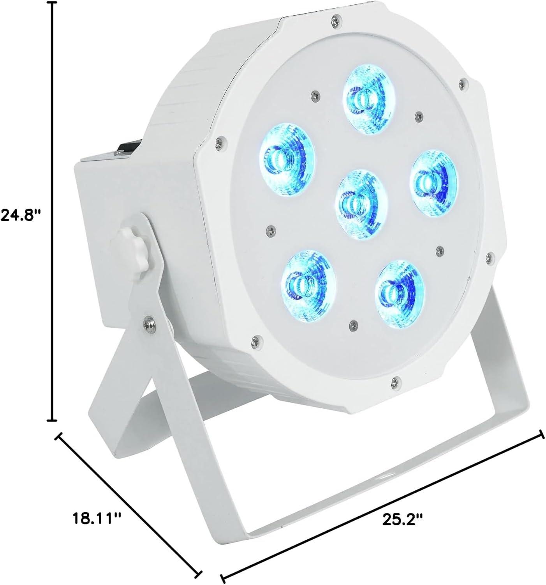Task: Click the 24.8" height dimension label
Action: pos(20,215)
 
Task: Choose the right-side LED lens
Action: pos(433,184)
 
